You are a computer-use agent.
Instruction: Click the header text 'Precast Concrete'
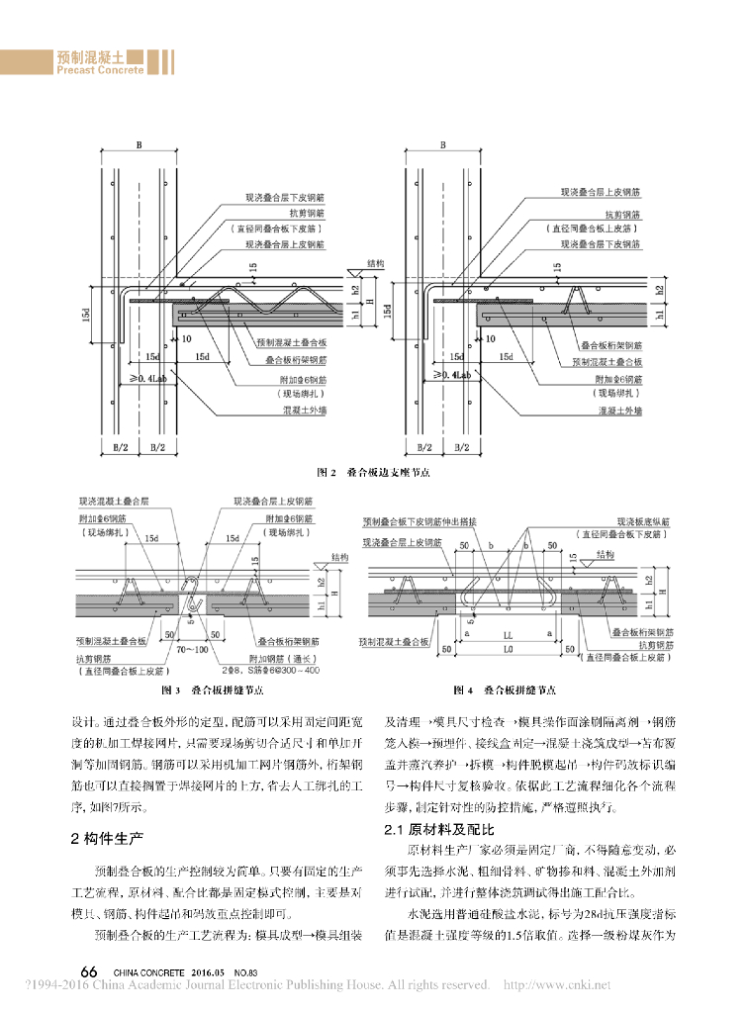pos(100,70)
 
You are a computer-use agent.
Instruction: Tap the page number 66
pos(88,972)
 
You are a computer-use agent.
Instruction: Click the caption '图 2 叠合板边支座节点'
pos(373,474)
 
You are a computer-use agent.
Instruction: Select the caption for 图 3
pos(212,689)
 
